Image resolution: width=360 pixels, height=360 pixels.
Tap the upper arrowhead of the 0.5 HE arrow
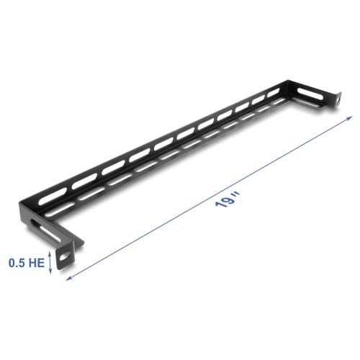[50, 252]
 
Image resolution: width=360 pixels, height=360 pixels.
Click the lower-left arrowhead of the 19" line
[73, 273]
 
